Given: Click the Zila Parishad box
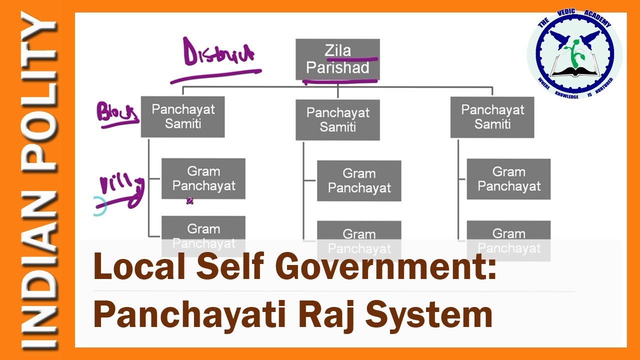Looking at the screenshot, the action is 337,59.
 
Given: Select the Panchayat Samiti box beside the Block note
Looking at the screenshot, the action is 182,116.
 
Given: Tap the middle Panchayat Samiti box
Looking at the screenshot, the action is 337,119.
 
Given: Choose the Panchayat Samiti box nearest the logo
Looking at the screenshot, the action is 492,117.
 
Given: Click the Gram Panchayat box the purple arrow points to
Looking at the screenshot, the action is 203,178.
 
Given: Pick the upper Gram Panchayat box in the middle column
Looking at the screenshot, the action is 359,180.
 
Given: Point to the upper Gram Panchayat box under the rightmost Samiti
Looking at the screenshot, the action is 508,179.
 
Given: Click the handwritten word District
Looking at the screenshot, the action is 218,52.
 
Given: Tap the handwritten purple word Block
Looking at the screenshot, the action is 116,112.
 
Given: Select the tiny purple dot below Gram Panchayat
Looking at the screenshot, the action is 189,200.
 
